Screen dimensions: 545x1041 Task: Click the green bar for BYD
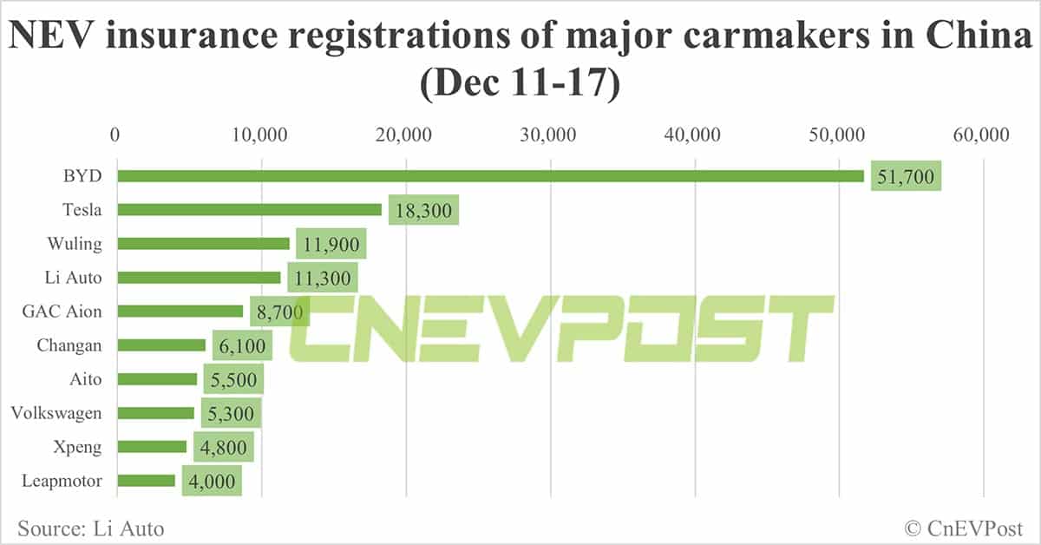(490, 176)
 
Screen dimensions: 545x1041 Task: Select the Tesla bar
(249, 209)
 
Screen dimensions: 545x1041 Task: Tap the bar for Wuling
(203, 244)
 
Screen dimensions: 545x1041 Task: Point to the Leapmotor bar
(146, 481)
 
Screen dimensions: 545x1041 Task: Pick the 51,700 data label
(905, 177)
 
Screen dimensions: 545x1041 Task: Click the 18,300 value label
(422, 211)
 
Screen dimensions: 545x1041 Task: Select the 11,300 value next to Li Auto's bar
(322, 279)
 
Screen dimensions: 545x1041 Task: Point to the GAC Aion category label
(65, 312)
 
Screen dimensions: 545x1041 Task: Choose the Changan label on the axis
(69, 345)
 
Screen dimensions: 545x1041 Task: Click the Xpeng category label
(79, 447)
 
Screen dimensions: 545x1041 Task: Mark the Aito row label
(85, 379)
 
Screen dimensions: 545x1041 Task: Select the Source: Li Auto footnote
(90, 527)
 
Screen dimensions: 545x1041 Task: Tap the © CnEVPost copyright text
(964, 527)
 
